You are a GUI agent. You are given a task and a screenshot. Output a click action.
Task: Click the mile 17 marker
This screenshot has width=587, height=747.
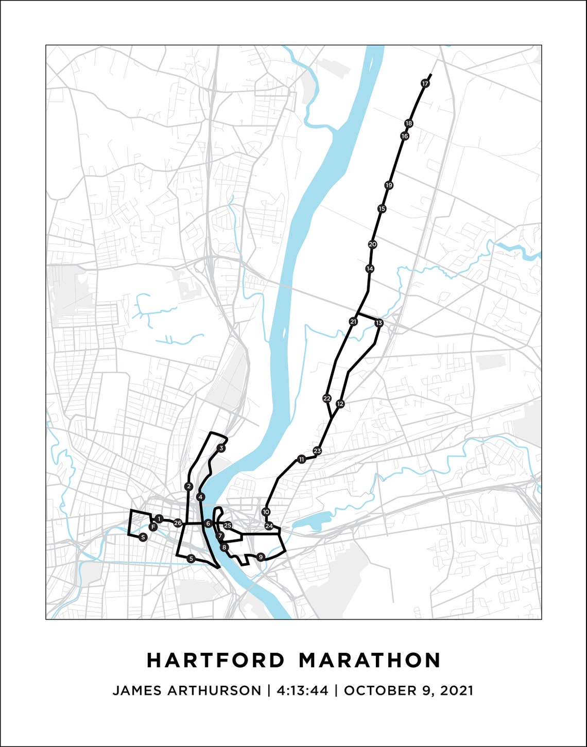click(x=425, y=83)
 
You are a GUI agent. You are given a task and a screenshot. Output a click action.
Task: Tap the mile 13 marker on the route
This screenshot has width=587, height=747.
click(x=379, y=323)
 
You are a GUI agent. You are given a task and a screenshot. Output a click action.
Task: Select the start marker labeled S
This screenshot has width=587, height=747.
click(x=143, y=537)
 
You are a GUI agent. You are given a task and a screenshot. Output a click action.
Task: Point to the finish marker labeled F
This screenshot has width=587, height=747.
click(x=153, y=527)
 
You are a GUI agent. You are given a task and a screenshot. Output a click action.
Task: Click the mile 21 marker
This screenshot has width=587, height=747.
click(x=353, y=322)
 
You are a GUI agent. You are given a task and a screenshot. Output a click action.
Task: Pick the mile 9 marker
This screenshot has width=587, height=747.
click(x=261, y=557)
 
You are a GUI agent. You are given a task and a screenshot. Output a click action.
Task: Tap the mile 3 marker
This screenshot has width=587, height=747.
click(x=221, y=448)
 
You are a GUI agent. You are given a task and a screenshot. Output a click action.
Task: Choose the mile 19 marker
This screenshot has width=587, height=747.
click(x=389, y=185)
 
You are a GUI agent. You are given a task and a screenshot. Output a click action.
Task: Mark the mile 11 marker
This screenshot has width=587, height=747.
click(x=301, y=459)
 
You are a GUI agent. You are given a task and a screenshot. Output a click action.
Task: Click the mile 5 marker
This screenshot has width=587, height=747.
click(x=191, y=559)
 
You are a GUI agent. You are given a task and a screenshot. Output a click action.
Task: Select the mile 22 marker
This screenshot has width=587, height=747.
click(x=326, y=398)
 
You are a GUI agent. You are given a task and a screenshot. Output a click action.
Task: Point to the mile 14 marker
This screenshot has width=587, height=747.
click(x=370, y=269)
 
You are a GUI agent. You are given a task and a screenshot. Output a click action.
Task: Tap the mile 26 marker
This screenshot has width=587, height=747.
click(x=178, y=523)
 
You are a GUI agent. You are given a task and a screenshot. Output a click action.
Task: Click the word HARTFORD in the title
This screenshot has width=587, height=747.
click(x=216, y=660)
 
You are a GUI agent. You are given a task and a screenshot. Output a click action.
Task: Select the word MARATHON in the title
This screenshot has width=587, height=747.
click(x=370, y=660)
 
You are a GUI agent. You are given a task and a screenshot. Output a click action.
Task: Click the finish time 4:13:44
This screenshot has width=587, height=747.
click(x=302, y=690)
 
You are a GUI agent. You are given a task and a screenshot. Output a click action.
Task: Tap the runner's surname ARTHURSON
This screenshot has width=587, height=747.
click(x=215, y=690)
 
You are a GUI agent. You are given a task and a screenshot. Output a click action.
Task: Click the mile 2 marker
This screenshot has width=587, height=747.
click(x=189, y=486)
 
